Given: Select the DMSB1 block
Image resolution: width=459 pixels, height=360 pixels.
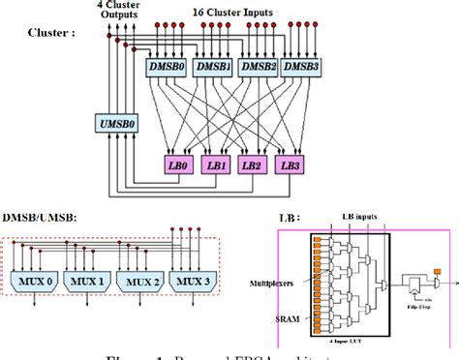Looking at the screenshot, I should [x=213, y=69].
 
